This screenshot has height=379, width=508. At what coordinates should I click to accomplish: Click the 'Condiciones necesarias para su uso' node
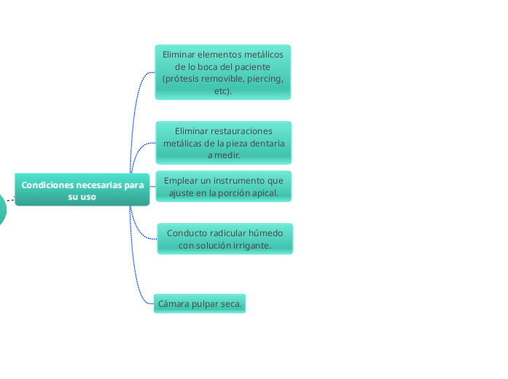click(82, 190)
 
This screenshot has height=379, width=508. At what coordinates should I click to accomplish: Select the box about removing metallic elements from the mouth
click(222, 72)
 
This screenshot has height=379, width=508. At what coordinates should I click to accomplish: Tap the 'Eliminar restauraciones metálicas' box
click(223, 143)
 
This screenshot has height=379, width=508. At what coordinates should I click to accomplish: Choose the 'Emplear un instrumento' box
click(224, 187)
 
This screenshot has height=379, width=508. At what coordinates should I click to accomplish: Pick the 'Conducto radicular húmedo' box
click(224, 239)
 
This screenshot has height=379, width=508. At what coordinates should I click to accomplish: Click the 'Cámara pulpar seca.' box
click(200, 303)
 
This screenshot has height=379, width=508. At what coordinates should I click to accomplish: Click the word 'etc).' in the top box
click(223, 91)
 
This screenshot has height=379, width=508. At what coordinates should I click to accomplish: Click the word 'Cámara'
click(174, 303)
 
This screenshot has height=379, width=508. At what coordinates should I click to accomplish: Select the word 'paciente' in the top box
click(251, 66)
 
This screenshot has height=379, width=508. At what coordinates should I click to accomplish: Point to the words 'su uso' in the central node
click(82, 197)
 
